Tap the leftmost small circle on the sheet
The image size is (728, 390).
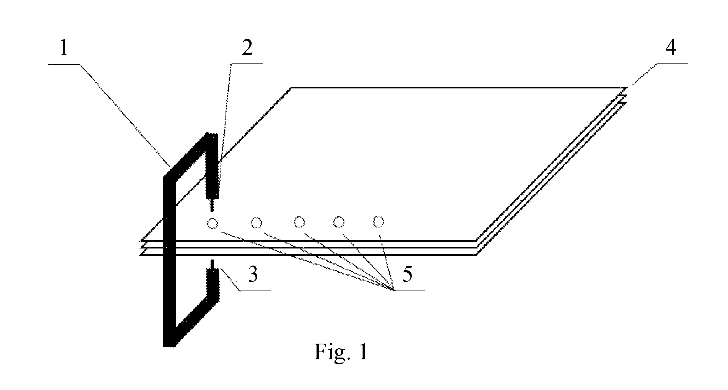click(212, 224)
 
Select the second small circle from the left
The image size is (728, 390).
click(256, 223)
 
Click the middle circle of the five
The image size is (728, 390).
click(299, 222)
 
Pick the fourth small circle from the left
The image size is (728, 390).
click(339, 222)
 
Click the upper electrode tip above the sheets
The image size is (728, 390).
click(212, 205)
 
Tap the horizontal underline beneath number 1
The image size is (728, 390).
click(64, 64)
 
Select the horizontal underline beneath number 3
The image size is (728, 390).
click(256, 291)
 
